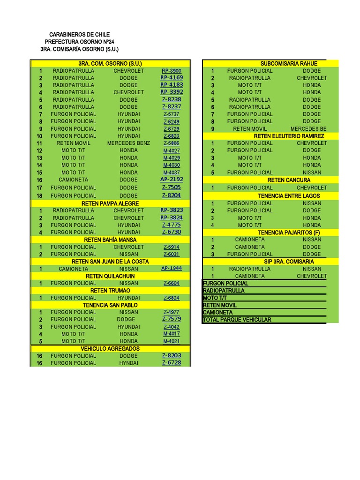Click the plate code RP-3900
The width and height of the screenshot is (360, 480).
pos(171,71)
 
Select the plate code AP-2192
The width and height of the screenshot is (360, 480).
pos(172,180)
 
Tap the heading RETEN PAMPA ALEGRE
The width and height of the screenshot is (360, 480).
pos(110,203)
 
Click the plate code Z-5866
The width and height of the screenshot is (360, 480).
pos(171,143)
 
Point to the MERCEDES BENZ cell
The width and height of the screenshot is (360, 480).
pos(128,143)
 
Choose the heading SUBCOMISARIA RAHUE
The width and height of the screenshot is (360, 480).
pos(289,63)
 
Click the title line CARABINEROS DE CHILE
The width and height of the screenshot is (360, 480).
pos(79,35)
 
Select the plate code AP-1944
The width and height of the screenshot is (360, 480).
pos(171,269)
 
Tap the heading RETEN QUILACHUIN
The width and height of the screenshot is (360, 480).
pos(110,276)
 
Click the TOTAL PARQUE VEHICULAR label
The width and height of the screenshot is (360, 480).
pos(237,320)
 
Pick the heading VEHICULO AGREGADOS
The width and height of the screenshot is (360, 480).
pos(110,349)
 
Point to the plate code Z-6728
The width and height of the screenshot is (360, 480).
pos(172,363)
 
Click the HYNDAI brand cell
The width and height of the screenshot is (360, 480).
pos(128,363)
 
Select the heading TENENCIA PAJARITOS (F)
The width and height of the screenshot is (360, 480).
pos(289,232)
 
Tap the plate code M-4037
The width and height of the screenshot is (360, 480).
pos(171,172)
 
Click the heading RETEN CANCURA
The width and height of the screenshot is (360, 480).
pos(289,180)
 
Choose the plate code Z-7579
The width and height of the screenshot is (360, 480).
pos(172,319)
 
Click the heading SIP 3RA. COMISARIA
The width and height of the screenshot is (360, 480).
pos(289,262)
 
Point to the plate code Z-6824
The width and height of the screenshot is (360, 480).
pos(171,298)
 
